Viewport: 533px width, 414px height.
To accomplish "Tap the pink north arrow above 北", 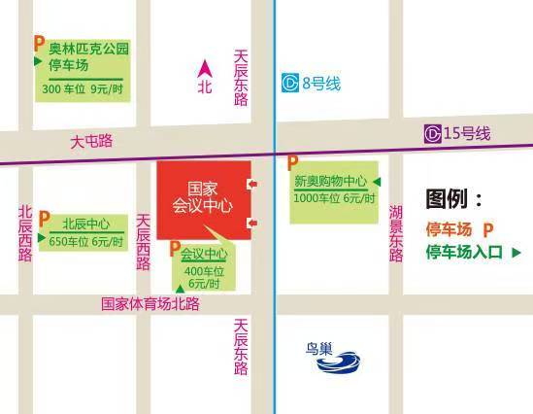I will coord(205,68).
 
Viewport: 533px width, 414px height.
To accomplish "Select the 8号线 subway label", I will coord(321,84).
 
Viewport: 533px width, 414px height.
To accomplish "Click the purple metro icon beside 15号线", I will coord(433,132).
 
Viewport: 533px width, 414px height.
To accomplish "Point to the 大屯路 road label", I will coord(91,141).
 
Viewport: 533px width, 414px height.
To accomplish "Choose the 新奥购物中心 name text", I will coord(330,182).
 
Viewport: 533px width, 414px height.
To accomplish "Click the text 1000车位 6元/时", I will coord(330,198).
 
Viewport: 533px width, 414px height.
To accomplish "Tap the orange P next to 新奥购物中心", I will coord(292,162).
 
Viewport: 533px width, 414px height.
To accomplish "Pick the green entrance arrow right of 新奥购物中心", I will coord(377,182).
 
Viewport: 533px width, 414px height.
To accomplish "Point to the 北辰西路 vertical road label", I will coord(25,233).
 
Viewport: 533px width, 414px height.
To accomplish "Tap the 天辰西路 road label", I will coord(144,242).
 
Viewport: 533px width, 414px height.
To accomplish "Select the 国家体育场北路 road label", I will coord(150,303).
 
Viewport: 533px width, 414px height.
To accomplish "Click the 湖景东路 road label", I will coord(396,233).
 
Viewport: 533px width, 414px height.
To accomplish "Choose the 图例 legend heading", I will coord(453,200).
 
